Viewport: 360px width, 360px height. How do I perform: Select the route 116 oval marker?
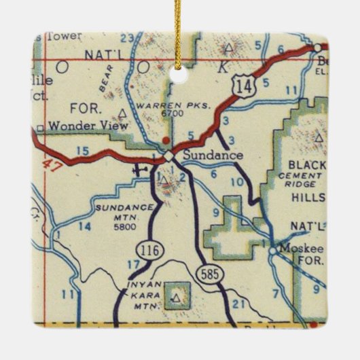point(150,251)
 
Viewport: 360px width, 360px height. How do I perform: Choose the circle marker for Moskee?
point(272,250)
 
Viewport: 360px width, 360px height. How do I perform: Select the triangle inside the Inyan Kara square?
point(177,297)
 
